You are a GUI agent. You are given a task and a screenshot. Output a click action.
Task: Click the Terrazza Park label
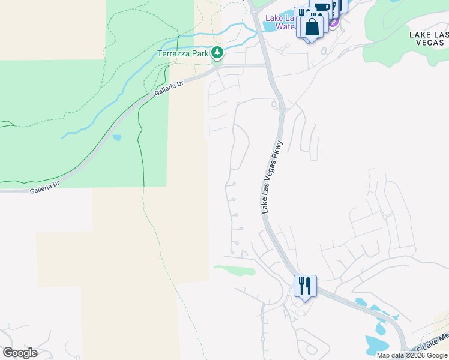183,53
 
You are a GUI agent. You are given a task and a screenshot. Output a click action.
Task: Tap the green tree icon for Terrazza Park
217,53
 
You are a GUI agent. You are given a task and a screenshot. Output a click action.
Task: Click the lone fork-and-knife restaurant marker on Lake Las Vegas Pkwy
305,286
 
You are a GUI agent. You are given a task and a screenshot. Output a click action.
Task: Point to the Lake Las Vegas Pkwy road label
272,182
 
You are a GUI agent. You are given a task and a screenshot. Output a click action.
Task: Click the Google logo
20,353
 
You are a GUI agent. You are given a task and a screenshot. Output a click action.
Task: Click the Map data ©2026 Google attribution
411,355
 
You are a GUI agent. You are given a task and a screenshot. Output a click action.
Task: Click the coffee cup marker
322,8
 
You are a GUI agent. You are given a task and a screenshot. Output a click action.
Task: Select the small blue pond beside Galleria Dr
116,137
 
